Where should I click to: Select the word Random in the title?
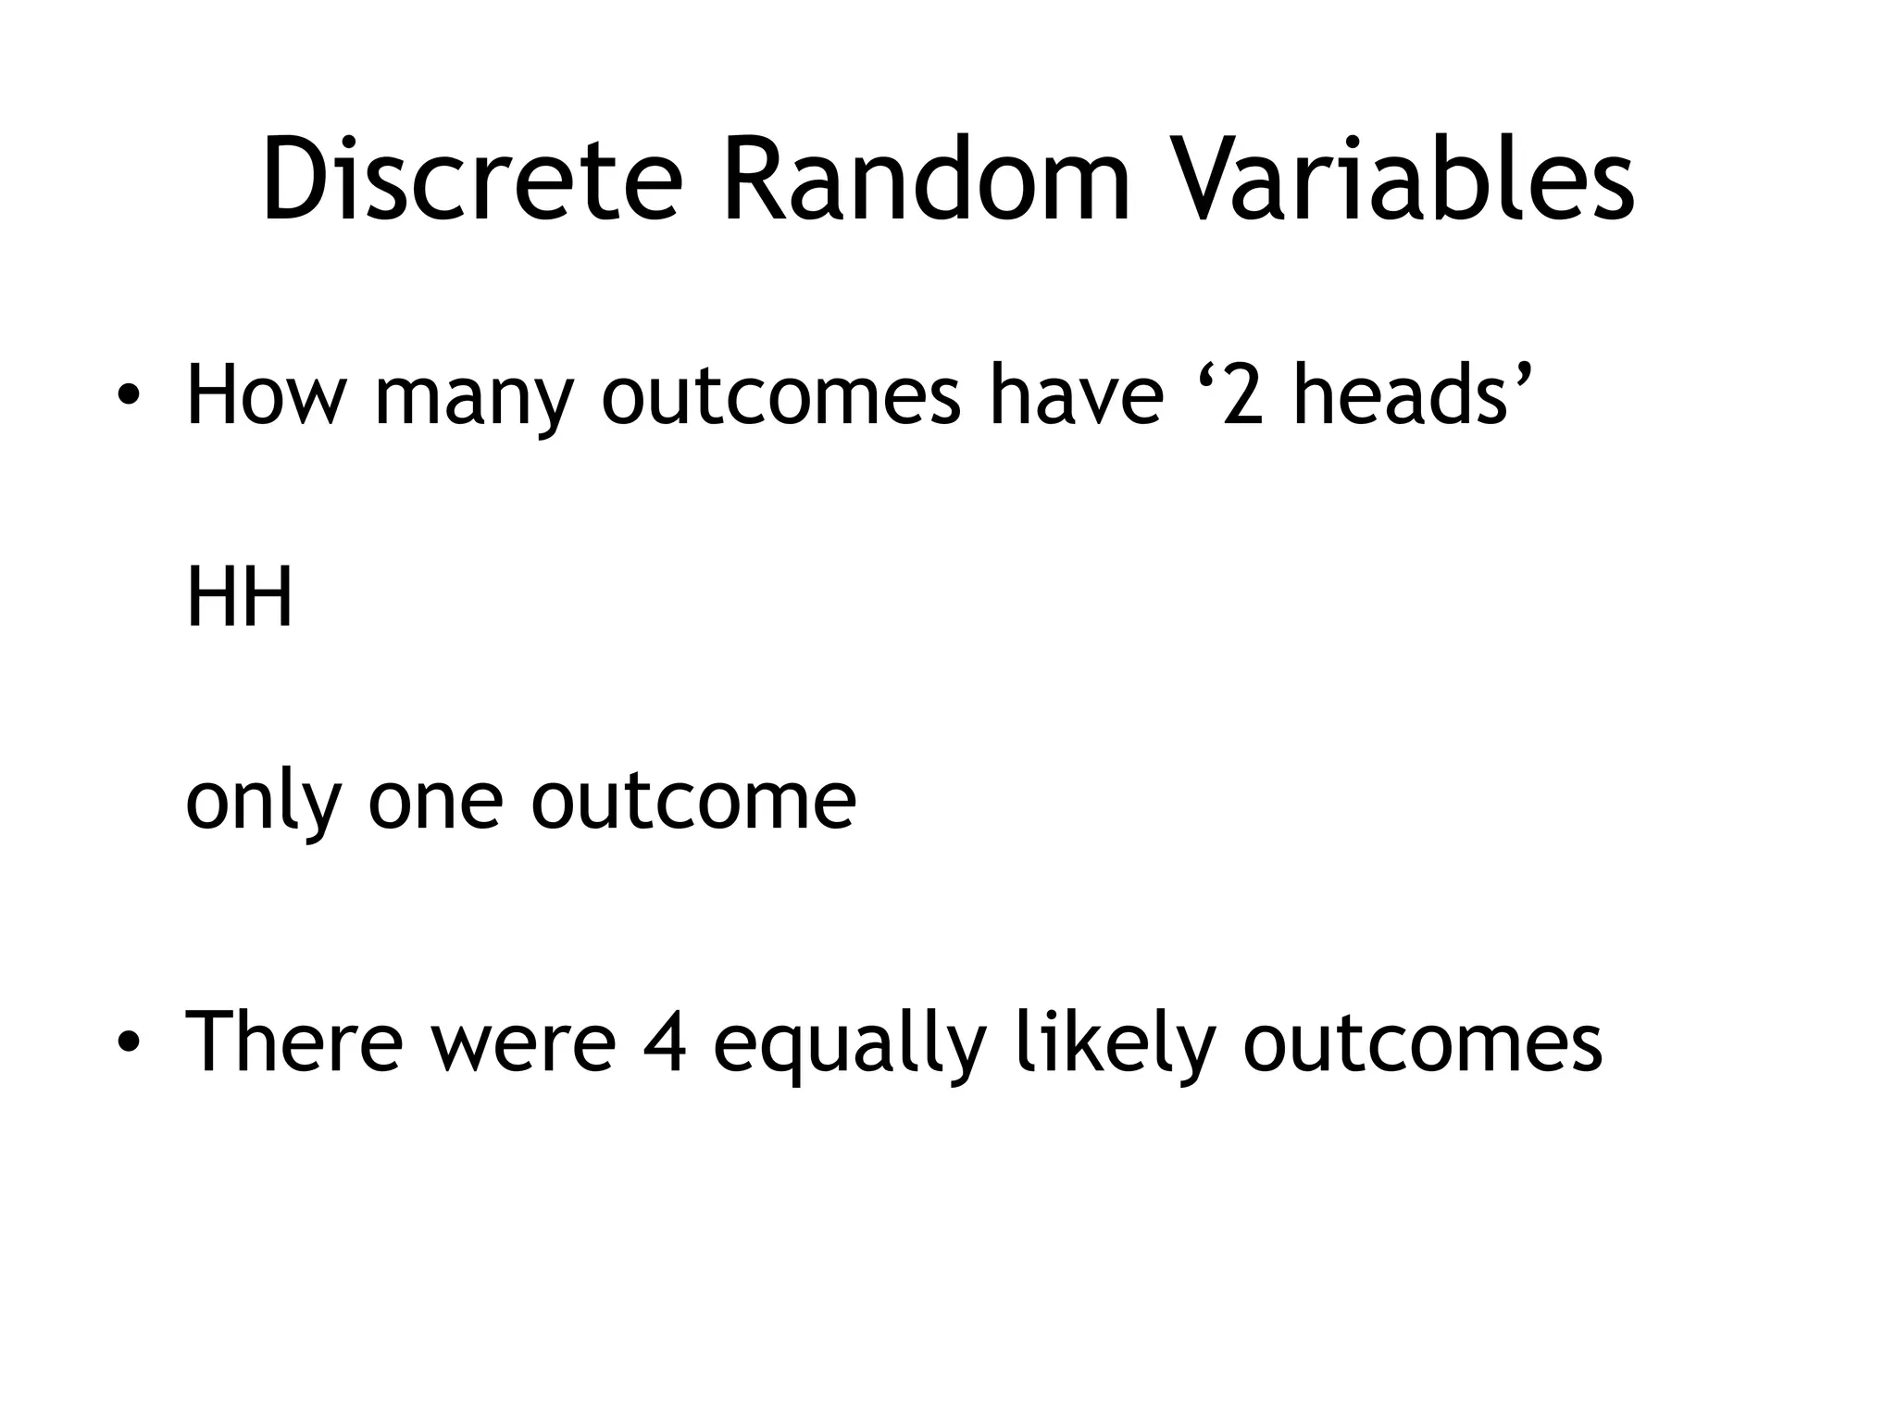point(926,181)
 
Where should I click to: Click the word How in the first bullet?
point(267,396)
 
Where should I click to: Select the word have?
point(1076,396)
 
